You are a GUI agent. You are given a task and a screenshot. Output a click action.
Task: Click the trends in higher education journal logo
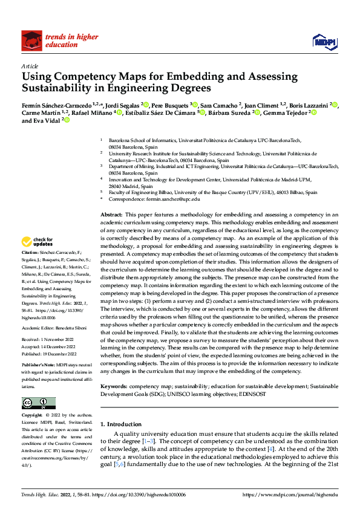point(61,41)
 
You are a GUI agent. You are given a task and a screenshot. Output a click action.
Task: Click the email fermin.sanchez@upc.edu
point(175,198)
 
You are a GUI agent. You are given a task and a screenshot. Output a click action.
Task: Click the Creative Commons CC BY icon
point(38,403)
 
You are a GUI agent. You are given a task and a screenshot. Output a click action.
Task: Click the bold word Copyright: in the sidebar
point(32,416)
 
